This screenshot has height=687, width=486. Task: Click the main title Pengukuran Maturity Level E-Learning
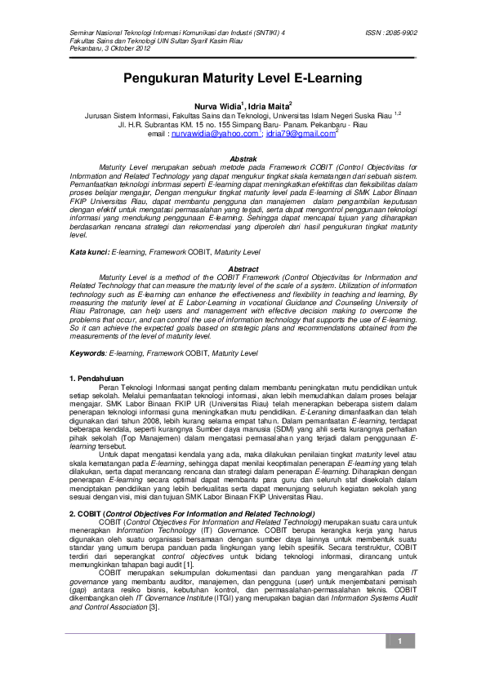(243, 79)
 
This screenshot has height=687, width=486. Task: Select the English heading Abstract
(243, 269)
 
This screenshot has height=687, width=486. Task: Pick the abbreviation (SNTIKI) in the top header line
(260, 33)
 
